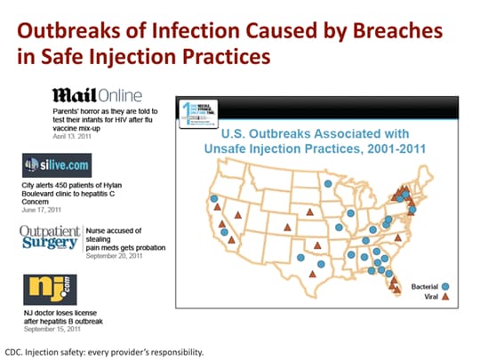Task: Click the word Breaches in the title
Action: (392, 30)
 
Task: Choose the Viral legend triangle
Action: (446, 297)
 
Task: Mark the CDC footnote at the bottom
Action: (105, 350)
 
